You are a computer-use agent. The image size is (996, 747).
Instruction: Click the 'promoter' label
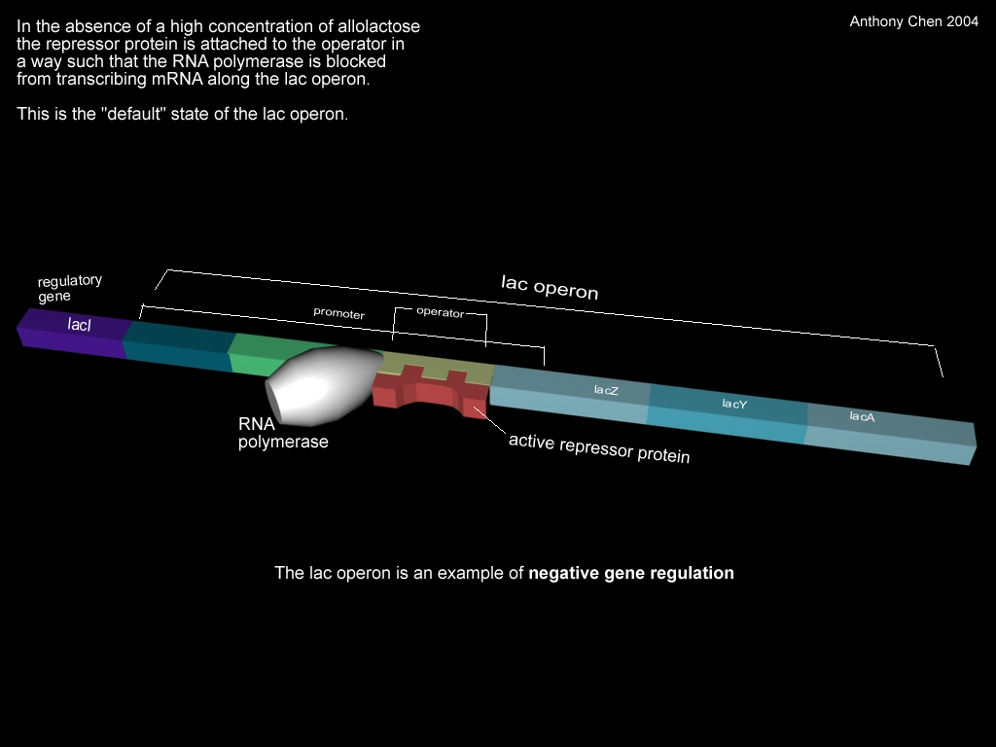[x=338, y=314]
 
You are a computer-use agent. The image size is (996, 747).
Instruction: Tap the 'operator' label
[x=440, y=312]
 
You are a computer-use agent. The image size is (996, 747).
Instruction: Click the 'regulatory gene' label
[x=69, y=288]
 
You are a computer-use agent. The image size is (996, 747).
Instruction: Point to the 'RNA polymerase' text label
[x=283, y=433]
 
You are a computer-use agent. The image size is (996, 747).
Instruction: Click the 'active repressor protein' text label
[x=599, y=448]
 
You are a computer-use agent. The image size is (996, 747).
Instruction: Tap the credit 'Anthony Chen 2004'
[x=913, y=20]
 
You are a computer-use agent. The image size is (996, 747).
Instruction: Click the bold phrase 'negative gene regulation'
[x=631, y=573]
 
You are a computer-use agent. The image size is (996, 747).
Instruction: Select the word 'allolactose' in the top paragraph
[x=379, y=26]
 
